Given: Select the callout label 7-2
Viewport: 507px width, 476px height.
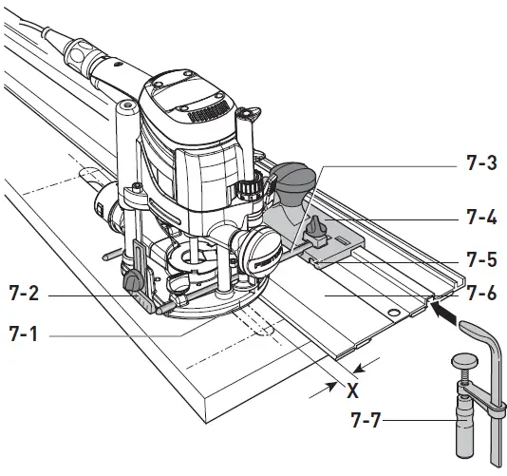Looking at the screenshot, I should tap(28, 296).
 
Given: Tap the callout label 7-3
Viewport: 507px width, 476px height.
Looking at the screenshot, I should tap(483, 162).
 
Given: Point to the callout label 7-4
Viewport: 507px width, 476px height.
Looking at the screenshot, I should tap(483, 217).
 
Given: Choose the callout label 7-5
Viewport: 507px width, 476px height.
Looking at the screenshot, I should tap(483, 258).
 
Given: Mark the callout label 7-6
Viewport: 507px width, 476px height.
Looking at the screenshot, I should tap(483, 296).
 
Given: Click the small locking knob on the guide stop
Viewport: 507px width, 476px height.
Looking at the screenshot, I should tap(316, 228).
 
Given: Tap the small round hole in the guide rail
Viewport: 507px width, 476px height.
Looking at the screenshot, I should tap(387, 311).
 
